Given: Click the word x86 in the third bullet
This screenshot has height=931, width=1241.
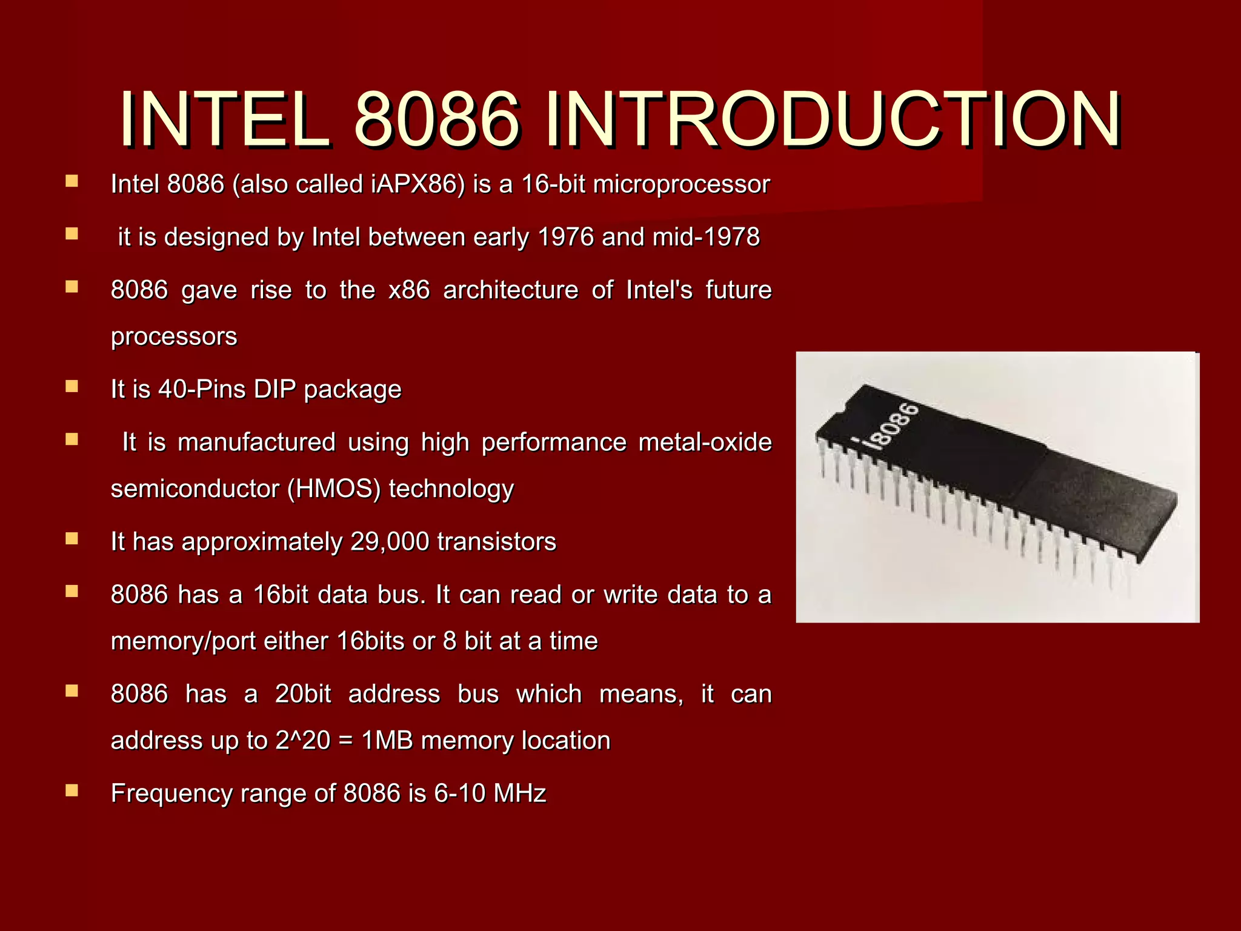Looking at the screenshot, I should [x=409, y=290].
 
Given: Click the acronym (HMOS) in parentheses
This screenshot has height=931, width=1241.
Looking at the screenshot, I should [x=334, y=489].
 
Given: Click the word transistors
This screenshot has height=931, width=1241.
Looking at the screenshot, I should [x=496, y=541].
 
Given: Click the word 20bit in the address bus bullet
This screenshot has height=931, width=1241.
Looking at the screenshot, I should [x=303, y=694].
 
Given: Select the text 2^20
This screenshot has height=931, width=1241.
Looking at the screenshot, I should [x=302, y=741].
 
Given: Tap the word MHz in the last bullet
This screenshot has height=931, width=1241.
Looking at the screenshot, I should [x=520, y=793].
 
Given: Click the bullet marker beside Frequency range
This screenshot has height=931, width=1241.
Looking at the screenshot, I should [x=72, y=790].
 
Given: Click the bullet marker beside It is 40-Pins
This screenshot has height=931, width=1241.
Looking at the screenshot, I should [x=72, y=386].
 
